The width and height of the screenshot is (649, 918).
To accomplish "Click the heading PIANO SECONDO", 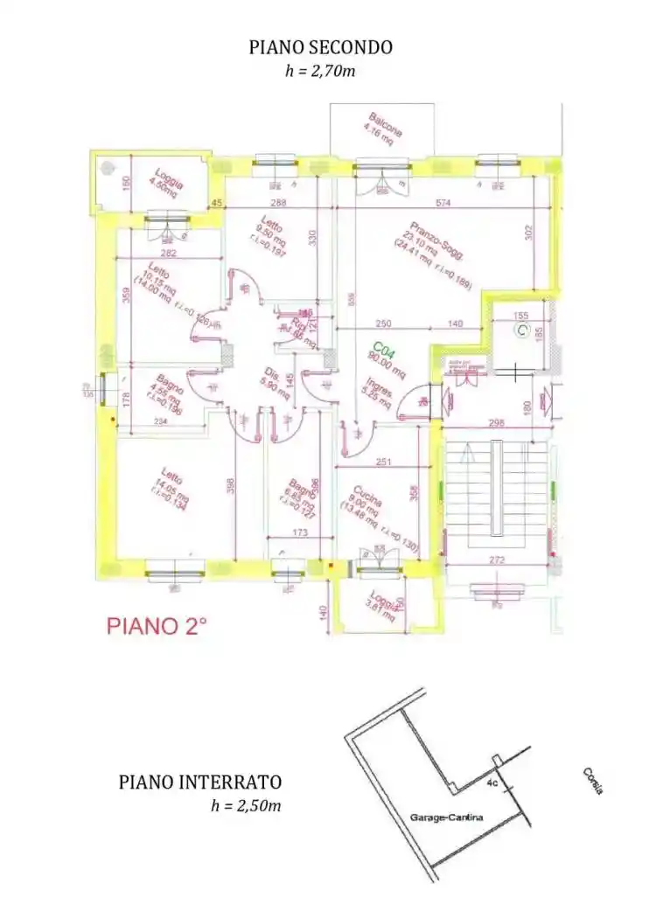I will (321, 47).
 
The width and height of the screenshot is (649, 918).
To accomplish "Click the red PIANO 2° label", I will (157, 626).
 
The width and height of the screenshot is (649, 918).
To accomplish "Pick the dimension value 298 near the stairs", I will (497, 422).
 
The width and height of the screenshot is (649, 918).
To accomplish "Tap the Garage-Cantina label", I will (446, 817).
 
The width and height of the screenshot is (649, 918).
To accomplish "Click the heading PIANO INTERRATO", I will (200, 782).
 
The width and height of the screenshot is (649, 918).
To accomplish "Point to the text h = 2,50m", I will (246, 805).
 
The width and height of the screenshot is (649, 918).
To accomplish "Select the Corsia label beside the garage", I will (592, 780).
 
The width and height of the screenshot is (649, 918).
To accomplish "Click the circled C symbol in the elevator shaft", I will (521, 330).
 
